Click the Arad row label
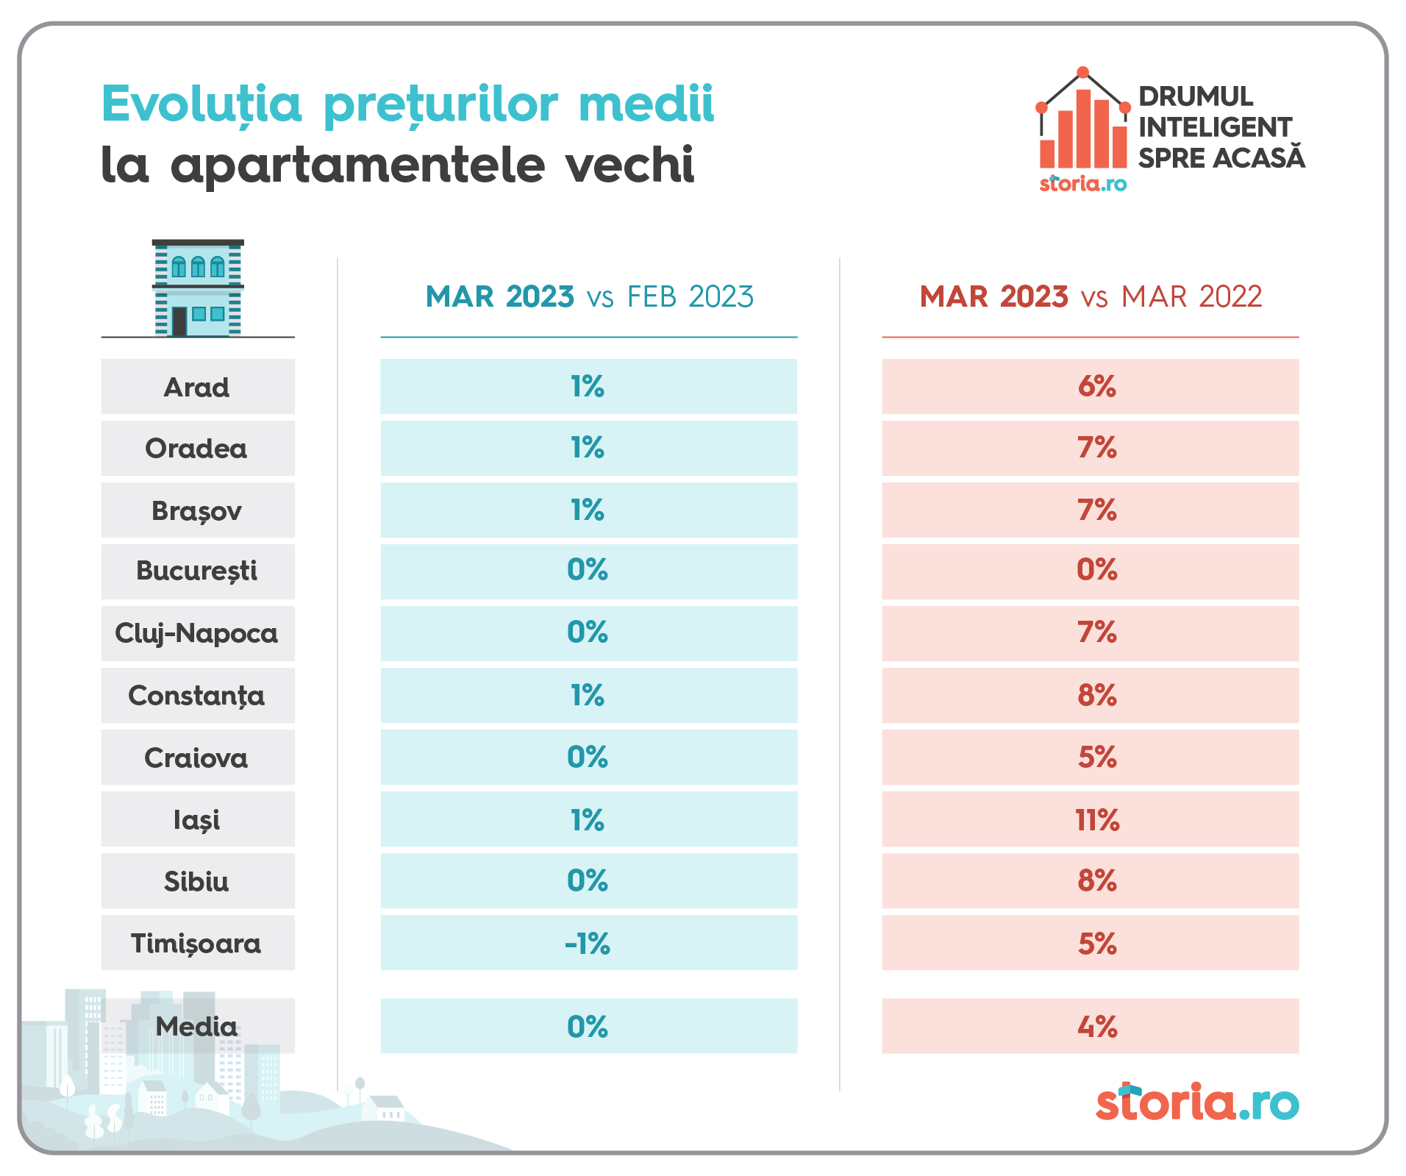(x=197, y=387)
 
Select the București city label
(x=197, y=571)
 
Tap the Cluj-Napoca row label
(x=197, y=633)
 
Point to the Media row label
(x=197, y=1026)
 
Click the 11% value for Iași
(x=1096, y=819)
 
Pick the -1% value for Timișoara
(x=588, y=943)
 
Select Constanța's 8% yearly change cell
(x=1096, y=695)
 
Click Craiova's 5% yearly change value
(x=1096, y=758)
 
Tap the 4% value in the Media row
(x=1096, y=1026)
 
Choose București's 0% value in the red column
(x=1096, y=570)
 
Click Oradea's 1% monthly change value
(x=588, y=448)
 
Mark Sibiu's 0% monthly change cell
(x=588, y=880)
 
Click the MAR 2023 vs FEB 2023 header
(x=589, y=297)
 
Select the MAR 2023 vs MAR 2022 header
(x=1091, y=297)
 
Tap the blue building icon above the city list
(x=198, y=288)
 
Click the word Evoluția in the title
(x=201, y=104)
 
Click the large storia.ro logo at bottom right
(x=1197, y=1102)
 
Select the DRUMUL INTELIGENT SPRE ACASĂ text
(x=1221, y=127)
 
